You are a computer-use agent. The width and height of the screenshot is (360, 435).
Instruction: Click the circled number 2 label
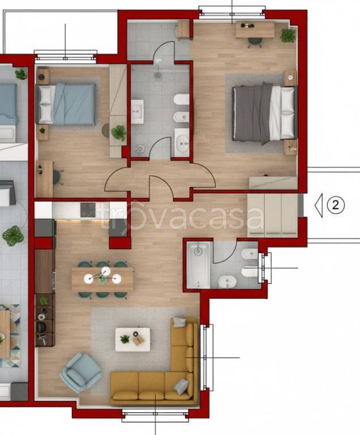coord(336,205)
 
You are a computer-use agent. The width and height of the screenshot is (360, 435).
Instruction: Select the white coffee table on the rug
coord(133,340)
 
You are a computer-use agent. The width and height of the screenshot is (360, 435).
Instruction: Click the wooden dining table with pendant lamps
coord(102,279)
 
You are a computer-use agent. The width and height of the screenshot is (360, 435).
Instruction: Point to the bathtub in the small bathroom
coord(198,265)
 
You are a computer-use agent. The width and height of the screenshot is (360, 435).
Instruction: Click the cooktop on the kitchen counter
coord(88,210)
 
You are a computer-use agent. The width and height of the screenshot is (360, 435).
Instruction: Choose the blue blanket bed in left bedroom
coord(66,104)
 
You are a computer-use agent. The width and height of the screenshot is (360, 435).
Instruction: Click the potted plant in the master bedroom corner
coord(288,35)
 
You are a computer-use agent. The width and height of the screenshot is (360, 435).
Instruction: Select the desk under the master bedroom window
coord(255,30)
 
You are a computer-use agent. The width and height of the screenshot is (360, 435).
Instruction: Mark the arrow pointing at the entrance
coord(319,205)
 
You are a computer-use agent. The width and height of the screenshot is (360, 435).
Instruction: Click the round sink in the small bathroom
coord(227,282)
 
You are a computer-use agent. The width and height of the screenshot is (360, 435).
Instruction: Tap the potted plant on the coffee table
coord(125,339)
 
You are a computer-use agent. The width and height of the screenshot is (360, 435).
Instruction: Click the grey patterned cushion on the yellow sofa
coord(181,386)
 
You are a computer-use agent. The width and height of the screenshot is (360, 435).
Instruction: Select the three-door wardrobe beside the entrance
coord(272,215)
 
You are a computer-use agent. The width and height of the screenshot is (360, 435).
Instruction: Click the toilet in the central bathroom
coord(182,99)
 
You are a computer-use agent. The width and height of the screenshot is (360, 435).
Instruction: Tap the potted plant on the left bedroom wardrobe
coord(119,133)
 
